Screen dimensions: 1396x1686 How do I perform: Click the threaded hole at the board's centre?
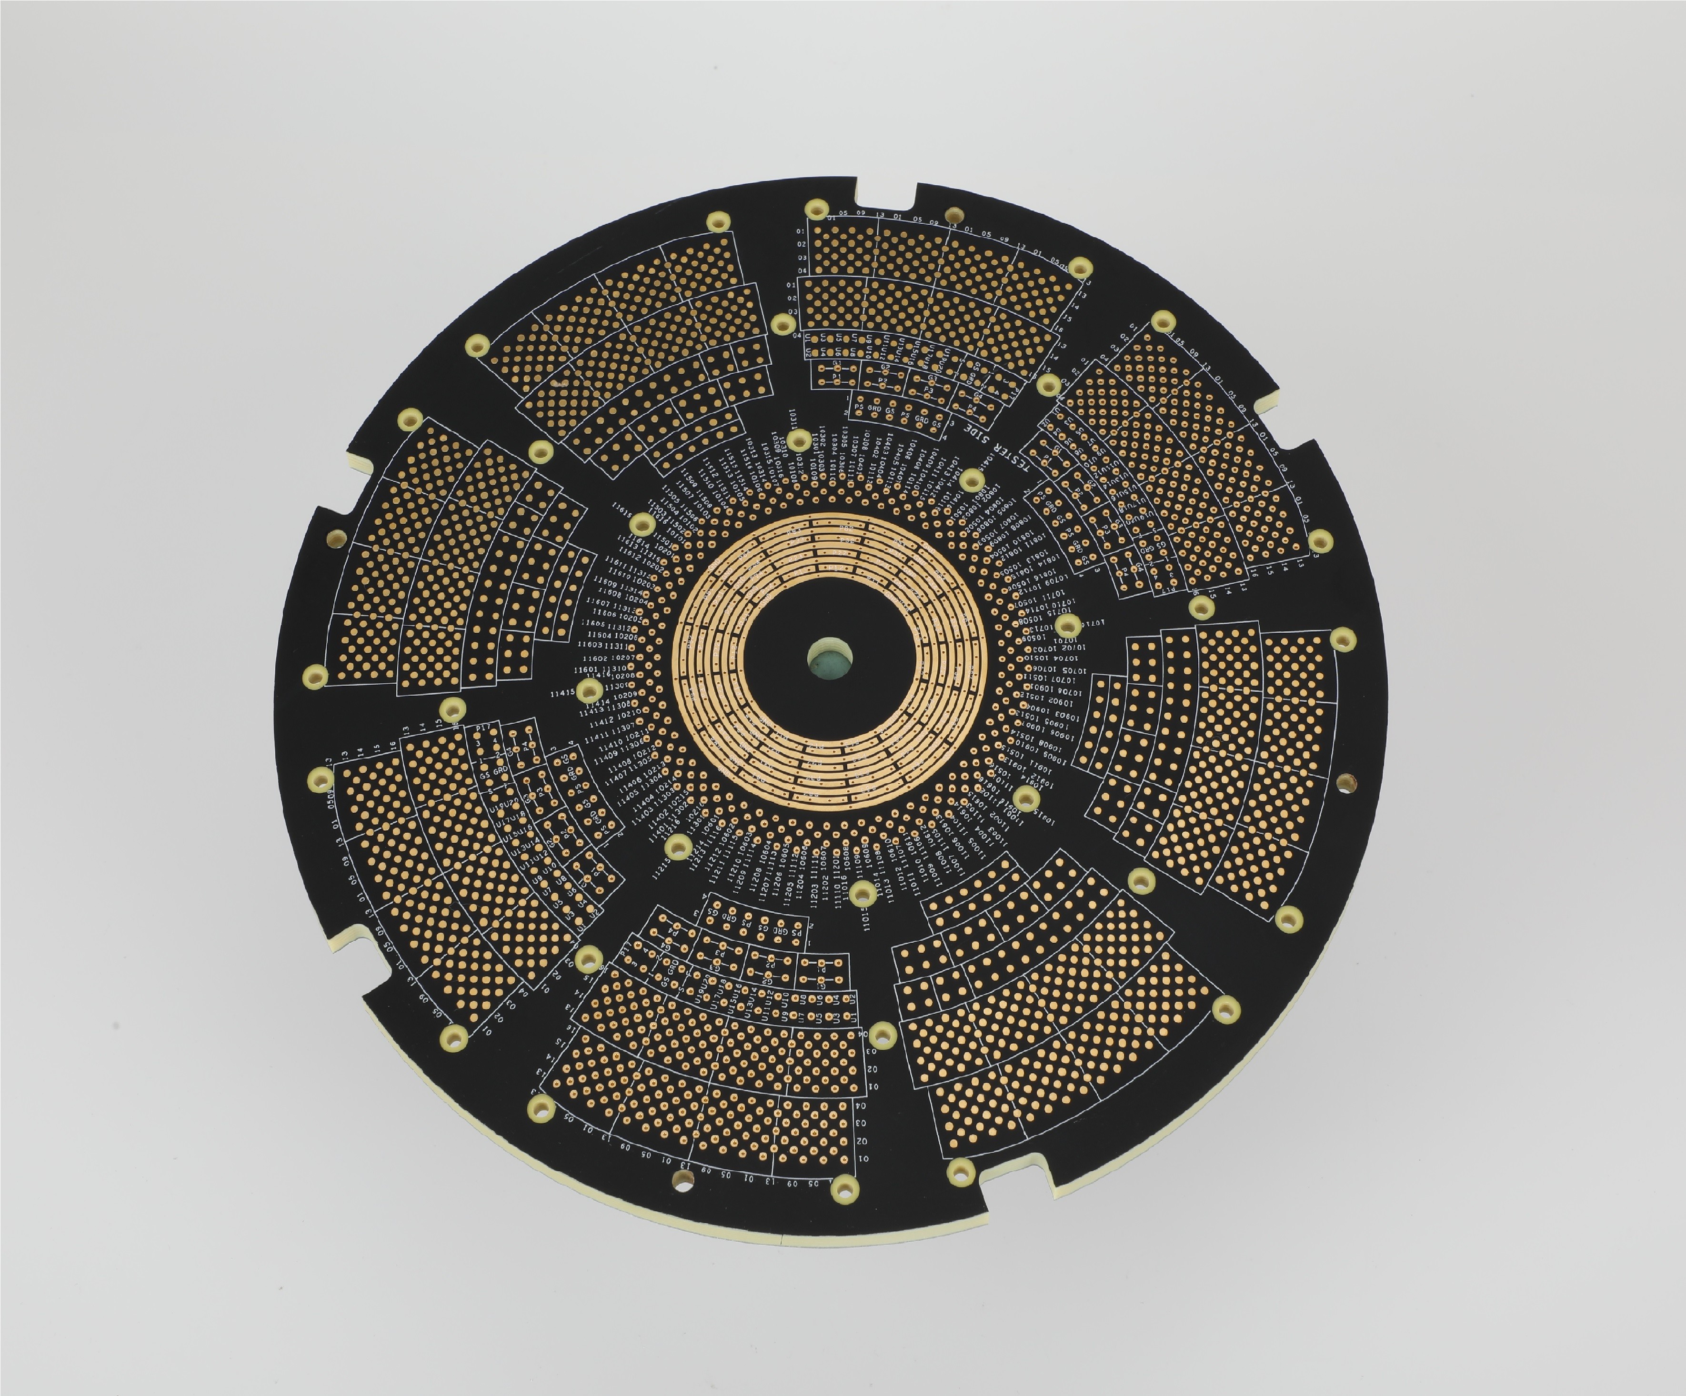click(x=829, y=659)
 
